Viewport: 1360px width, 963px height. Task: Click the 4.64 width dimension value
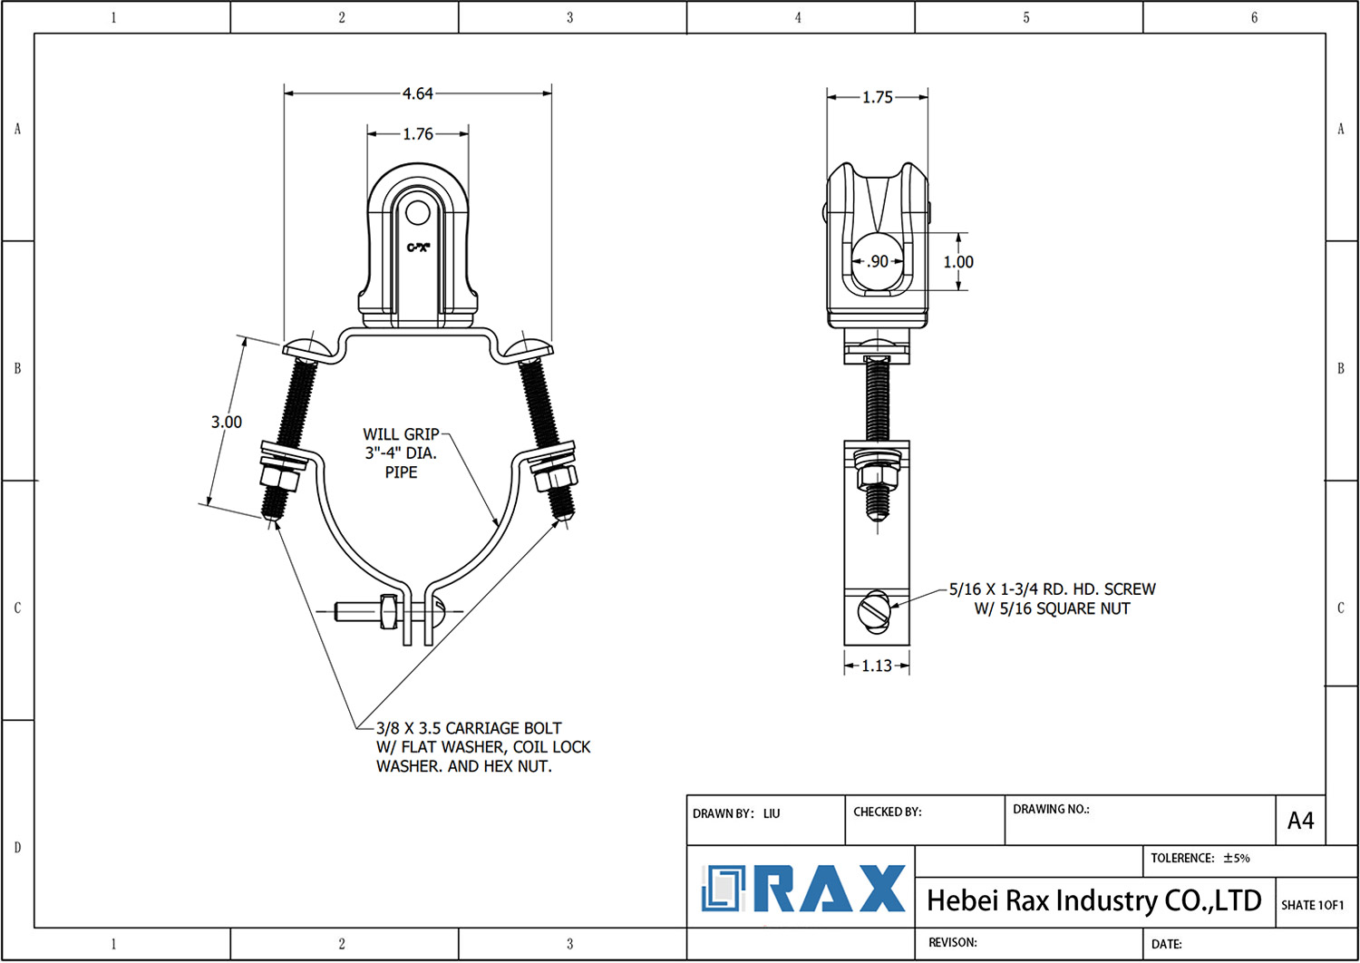418,93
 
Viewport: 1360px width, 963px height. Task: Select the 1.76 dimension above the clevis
418,134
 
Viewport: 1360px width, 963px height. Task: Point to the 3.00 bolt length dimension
227,422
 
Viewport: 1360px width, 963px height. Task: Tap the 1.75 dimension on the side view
877,97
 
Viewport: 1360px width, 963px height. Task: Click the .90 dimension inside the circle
878,261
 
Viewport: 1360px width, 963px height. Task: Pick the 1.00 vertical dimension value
958,262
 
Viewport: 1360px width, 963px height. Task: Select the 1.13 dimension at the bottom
877,666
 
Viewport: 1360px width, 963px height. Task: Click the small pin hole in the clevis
417,213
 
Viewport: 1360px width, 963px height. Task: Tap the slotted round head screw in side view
875,609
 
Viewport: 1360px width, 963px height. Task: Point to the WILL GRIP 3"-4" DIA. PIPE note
401,453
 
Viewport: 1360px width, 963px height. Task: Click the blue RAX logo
803,889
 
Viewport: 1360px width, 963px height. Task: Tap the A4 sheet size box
1300,821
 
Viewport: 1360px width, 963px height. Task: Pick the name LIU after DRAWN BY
772,813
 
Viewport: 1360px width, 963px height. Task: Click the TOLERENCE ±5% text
1200,858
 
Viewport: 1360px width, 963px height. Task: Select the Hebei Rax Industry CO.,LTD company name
1093,900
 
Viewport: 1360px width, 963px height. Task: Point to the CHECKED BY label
887,812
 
